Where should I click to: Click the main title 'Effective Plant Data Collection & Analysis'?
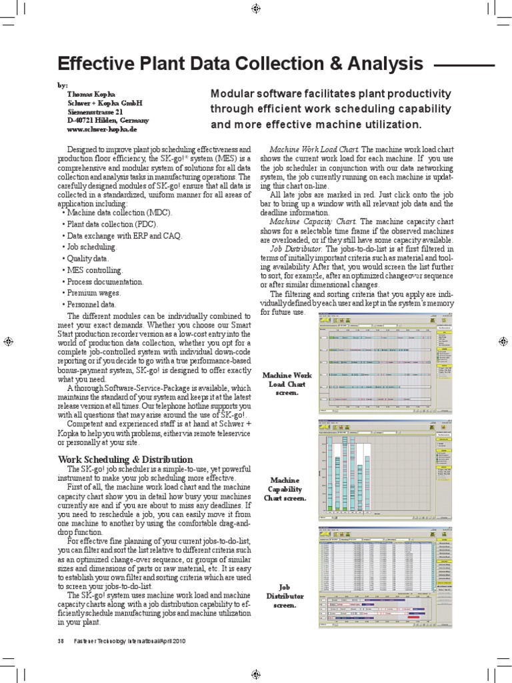coord(241,64)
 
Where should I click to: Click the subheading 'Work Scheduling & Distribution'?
coord(126,460)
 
